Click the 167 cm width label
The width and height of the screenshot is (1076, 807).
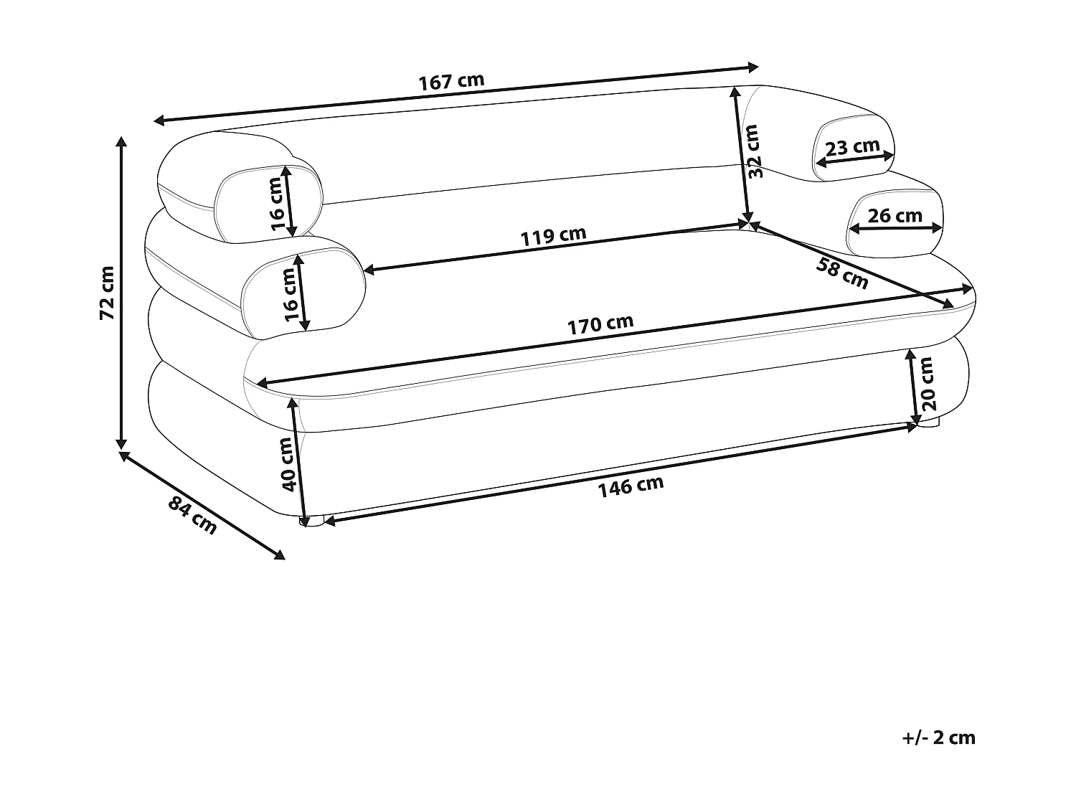[x=451, y=81]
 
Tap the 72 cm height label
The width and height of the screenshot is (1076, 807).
[x=107, y=292]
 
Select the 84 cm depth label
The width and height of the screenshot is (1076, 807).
[x=192, y=514]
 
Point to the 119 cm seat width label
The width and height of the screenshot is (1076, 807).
[x=553, y=236]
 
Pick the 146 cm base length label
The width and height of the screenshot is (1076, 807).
[x=631, y=486]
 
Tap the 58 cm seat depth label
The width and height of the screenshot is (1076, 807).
[x=842, y=273]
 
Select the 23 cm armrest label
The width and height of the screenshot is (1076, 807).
[x=852, y=148]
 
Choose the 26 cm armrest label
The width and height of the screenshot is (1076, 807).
[x=895, y=215]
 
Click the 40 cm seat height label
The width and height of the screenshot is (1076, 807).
[x=288, y=463]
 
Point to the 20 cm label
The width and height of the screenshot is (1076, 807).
[x=928, y=383]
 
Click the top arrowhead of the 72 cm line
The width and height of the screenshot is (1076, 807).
[x=122, y=141]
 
